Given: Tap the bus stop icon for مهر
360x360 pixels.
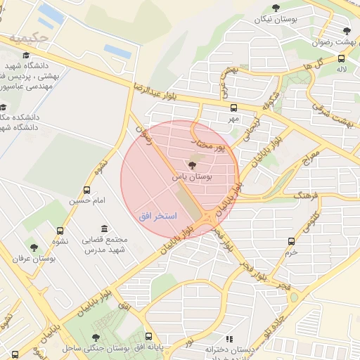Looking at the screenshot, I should click(x=233, y=108).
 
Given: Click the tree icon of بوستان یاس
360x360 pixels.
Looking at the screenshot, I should click(x=193, y=165).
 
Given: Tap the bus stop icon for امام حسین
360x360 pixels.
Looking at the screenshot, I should click(x=87, y=190).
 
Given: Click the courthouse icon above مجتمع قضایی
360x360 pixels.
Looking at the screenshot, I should click(x=105, y=229).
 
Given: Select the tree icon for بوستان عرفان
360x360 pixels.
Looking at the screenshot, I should click(x=34, y=247).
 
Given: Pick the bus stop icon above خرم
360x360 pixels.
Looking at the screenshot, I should click(x=292, y=241).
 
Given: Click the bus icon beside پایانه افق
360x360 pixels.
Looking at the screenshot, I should click(x=149, y=337).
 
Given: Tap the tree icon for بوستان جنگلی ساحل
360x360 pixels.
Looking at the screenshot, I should click(x=96, y=337).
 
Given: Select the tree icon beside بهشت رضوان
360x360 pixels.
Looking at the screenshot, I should click(x=347, y=31).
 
